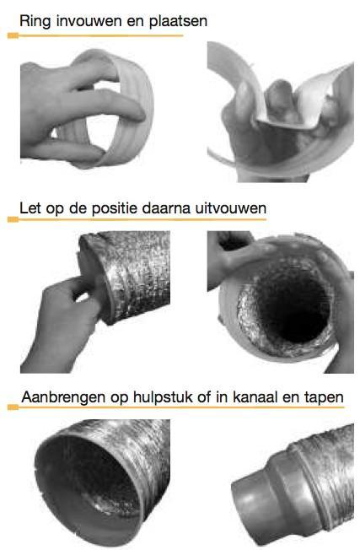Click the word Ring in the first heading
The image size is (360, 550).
point(35,18)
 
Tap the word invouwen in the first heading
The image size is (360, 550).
point(84,18)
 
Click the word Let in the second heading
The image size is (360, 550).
point(31,205)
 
